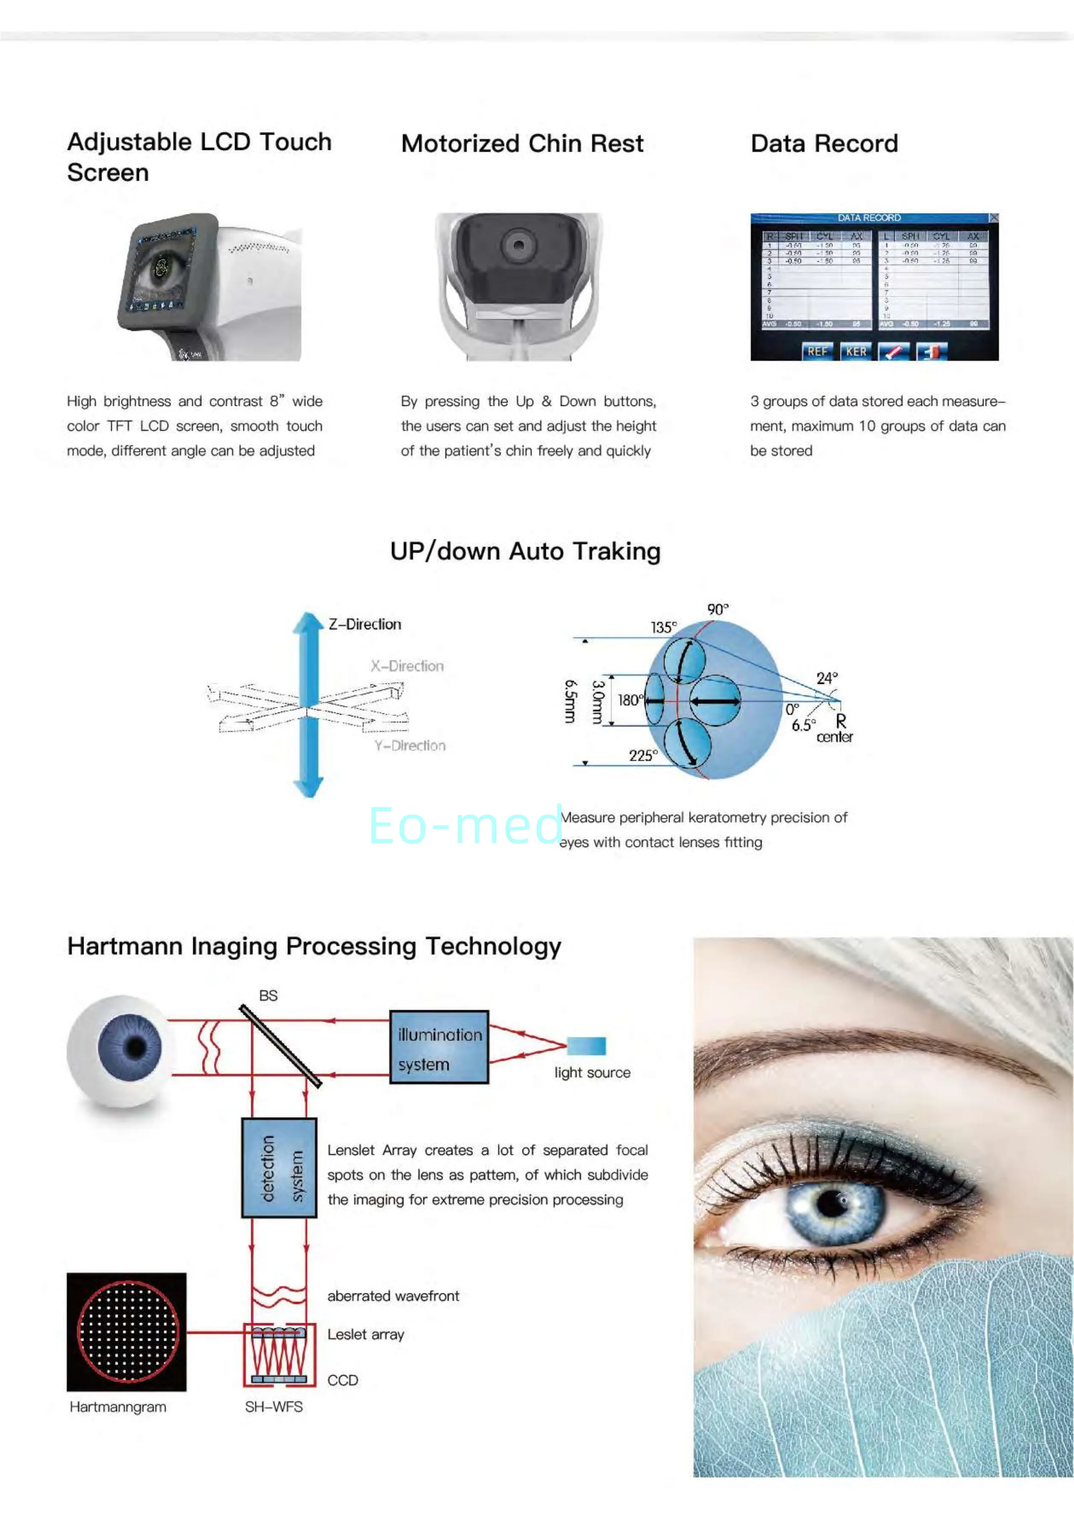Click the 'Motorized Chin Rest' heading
[x=522, y=143]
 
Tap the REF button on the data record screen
[x=817, y=351]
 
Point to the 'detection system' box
[x=279, y=1168]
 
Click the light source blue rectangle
[x=587, y=1045]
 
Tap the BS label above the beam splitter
[x=268, y=995]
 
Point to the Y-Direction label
[x=409, y=745]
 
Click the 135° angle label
[x=663, y=627]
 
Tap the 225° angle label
[x=643, y=755]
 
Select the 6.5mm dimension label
[x=570, y=701]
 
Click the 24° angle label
[x=827, y=678]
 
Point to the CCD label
[x=343, y=1380]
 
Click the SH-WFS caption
[x=274, y=1406]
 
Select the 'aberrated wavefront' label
[x=393, y=1296]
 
